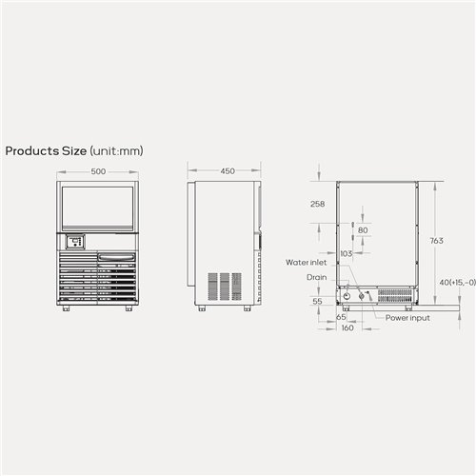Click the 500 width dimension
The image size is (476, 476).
pyautogui.click(x=98, y=172)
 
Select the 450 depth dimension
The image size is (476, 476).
pyautogui.click(x=228, y=172)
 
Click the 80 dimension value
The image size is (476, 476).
pyautogui.click(x=362, y=230)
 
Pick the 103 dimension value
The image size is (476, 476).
pyautogui.click(x=346, y=253)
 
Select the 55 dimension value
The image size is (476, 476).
pyautogui.click(x=318, y=300)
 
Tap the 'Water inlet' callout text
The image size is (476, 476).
pyautogui.click(x=306, y=261)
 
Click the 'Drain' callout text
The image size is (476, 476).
pyautogui.click(x=317, y=277)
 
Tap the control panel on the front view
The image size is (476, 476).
pyautogui.click(x=75, y=241)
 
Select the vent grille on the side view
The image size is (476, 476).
pyautogui.click(x=225, y=288)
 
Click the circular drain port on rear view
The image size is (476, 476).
pyautogui.click(x=347, y=297)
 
